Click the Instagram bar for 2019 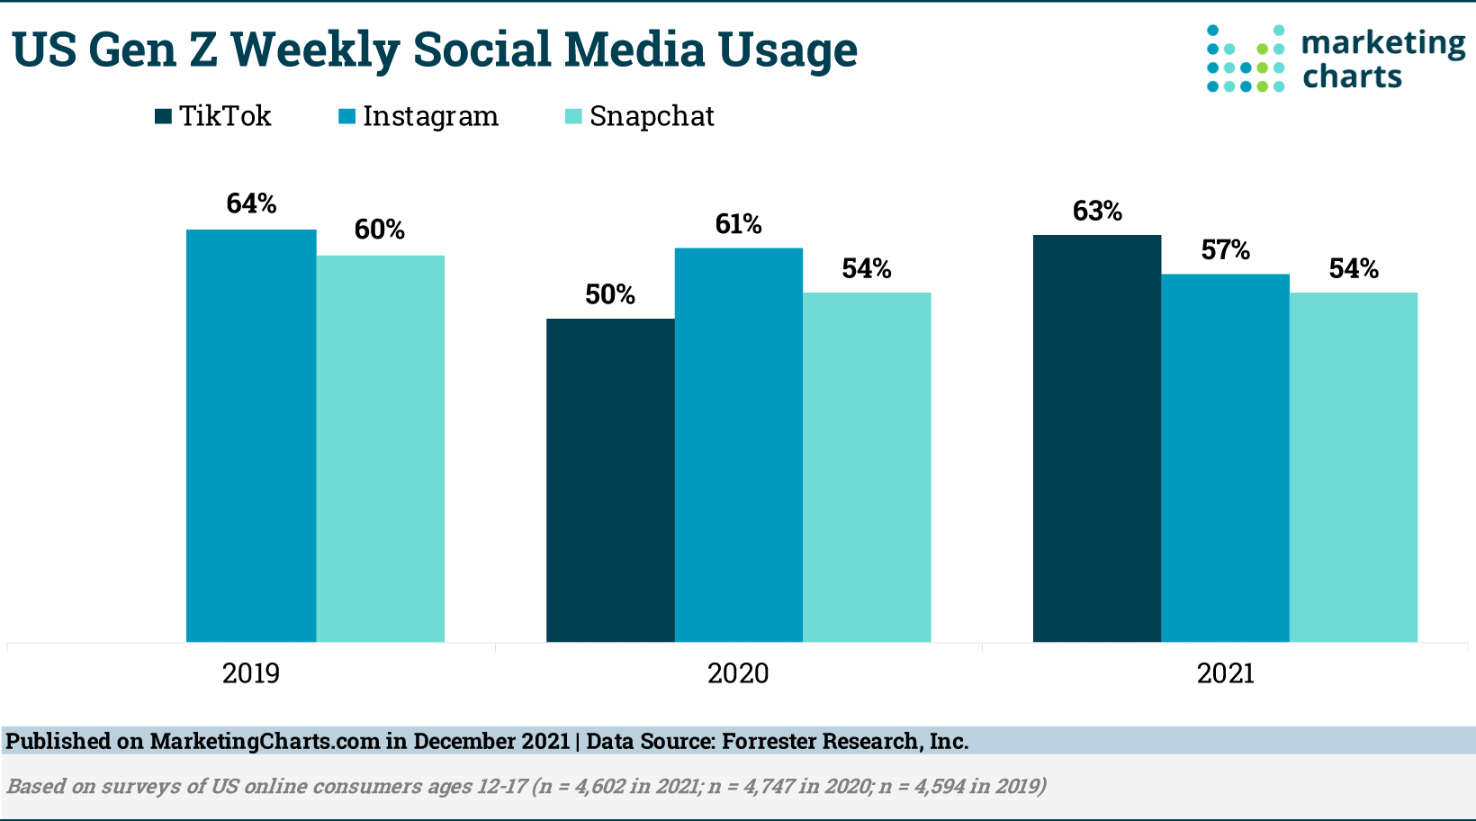[251, 436]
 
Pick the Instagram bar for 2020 [738, 445]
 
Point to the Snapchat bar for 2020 [867, 467]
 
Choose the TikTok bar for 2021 [1097, 438]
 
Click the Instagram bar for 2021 [1225, 458]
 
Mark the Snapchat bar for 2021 [1354, 467]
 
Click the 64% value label [251, 204]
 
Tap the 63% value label [1097, 212]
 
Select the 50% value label [610, 295]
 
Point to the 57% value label [1225, 250]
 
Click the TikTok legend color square [163, 116]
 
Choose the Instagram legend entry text [430, 117]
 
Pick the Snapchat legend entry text [652, 117]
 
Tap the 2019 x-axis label [251, 673]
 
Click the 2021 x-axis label [1225, 673]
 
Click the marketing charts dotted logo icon [1246, 59]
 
